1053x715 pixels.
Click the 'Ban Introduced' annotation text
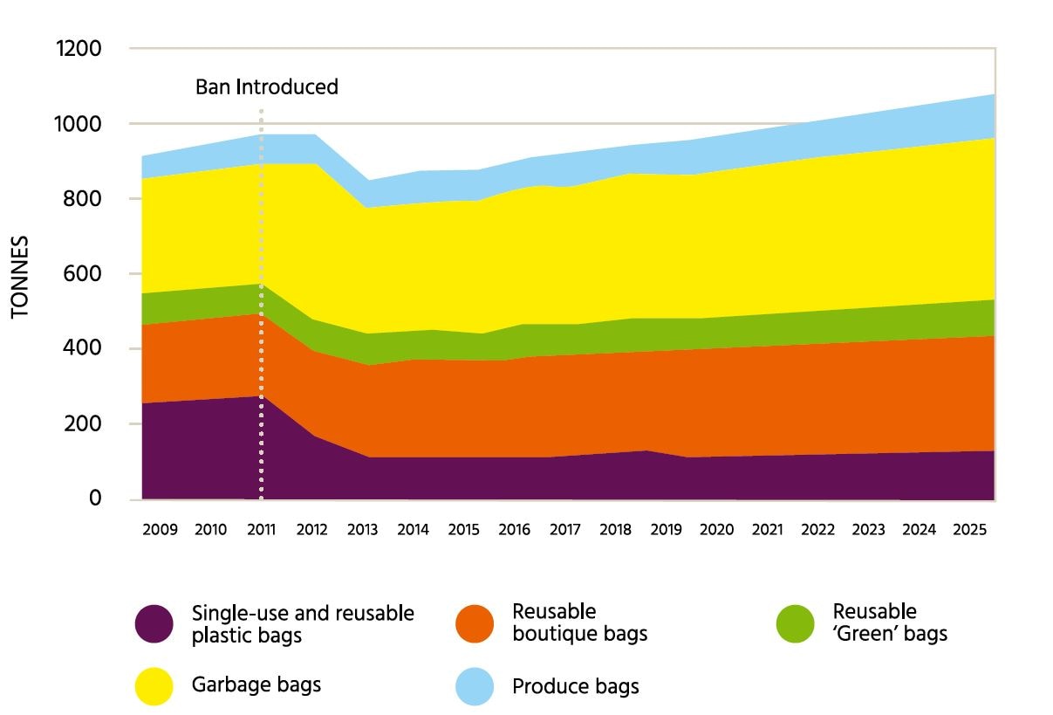(266, 87)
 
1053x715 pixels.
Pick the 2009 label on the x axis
(160, 530)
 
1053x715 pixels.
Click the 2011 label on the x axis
(262, 530)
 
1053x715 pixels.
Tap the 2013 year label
(363, 530)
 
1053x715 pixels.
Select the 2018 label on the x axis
(616, 530)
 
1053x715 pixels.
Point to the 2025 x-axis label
(970, 530)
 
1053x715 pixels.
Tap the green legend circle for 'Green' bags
(796, 624)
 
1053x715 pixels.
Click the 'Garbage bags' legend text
(256, 684)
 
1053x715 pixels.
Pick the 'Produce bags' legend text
(576, 687)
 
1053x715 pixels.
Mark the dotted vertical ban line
(261, 306)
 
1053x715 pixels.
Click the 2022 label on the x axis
(818, 530)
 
